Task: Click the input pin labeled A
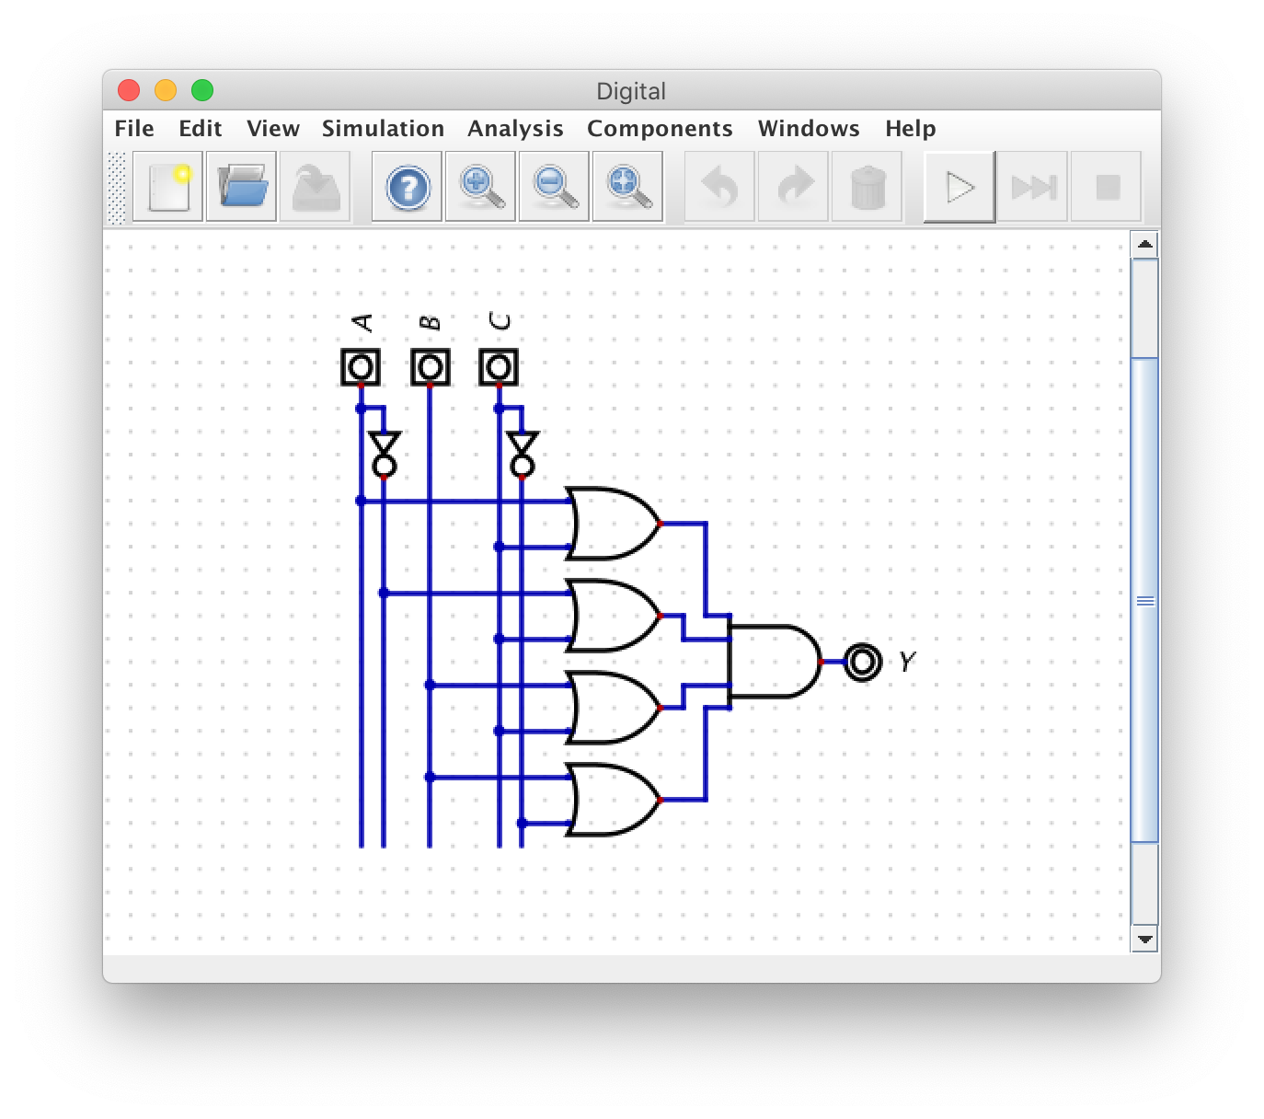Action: tap(361, 367)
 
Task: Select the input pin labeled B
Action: tap(430, 367)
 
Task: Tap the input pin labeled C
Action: tap(499, 367)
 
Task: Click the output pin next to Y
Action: tap(862, 662)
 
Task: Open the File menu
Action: tap(134, 129)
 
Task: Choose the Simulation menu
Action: tap(383, 129)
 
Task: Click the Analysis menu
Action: tap(515, 129)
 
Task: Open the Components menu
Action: tap(660, 129)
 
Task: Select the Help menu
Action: tap(910, 129)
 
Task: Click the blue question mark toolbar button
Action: tap(408, 188)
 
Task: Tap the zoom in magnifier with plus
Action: tap(480, 188)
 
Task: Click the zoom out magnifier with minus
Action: tap(554, 188)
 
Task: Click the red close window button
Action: tap(129, 90)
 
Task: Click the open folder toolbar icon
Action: tap(241, 188)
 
